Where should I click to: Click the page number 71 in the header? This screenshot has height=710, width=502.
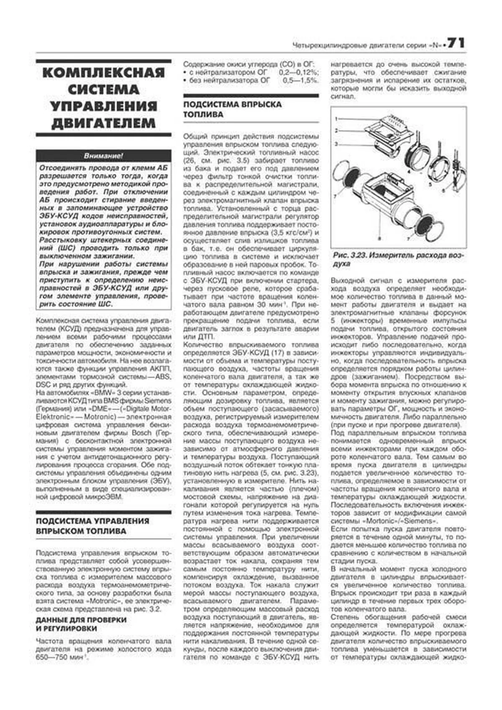(x=456, y=43)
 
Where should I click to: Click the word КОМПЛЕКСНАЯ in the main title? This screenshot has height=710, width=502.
(x=103, y=73)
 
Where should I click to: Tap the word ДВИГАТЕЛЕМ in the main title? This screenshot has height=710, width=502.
(x=103, y=123)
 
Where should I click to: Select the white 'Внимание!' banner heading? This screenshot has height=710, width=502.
(x=103, y=156)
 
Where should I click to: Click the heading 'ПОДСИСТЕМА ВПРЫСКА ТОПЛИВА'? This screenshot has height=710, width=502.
(x=232, y=109)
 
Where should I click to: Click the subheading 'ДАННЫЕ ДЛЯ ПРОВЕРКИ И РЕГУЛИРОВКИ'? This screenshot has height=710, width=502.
(x=81, y=624)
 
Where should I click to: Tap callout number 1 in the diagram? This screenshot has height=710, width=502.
(x=336, y=119)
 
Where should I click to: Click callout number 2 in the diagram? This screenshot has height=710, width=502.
(x=336, y=131)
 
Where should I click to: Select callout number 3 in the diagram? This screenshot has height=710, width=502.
(x=336, y=144)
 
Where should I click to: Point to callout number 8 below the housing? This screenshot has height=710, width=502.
(x=379, y=238)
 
